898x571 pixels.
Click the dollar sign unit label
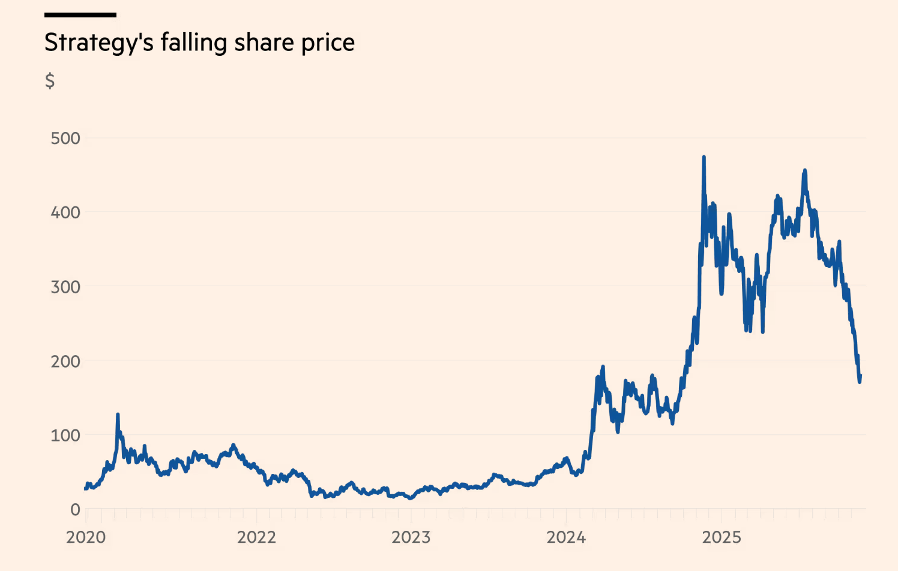[x=50, y=80]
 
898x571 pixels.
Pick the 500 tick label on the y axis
[x=65, y=139]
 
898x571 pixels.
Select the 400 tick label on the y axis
[x=65, y=212]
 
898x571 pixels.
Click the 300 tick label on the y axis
[x=65, y=287]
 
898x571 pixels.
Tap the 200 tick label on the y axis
[x=65, y=361]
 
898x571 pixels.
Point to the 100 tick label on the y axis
[x=65, y=435]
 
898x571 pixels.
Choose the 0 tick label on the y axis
[x=75, y=510]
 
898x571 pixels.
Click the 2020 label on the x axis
[x=86, y=537]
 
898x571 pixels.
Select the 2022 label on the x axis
[x=256, y=537]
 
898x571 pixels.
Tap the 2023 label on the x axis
[x=411, y=537]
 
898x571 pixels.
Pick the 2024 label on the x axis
[x=566, y=537]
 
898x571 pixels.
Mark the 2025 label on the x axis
[x=722, y=537]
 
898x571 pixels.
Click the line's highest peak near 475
[x=704, y=158]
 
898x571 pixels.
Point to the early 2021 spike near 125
[x=118, y=414]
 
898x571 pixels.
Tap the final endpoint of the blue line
[x=861, y=376]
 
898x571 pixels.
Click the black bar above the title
[x=80, y=15]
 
